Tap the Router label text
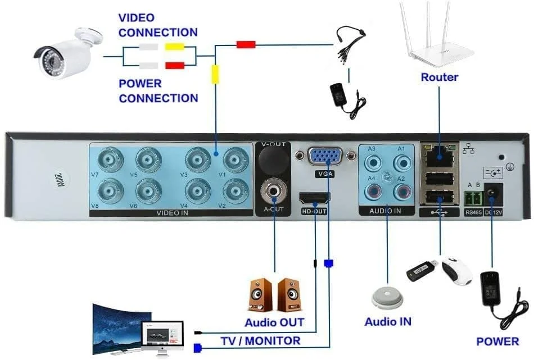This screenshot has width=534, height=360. tap(440, 77)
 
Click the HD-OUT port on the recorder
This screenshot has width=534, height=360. tap(315, 199)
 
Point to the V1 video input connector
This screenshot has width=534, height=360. tap(236, 160)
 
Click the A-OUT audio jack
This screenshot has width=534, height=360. tap(274, 192)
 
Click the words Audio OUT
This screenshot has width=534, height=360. tap(274, 322)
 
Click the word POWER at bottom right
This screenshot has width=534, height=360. tap(497, 341)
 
